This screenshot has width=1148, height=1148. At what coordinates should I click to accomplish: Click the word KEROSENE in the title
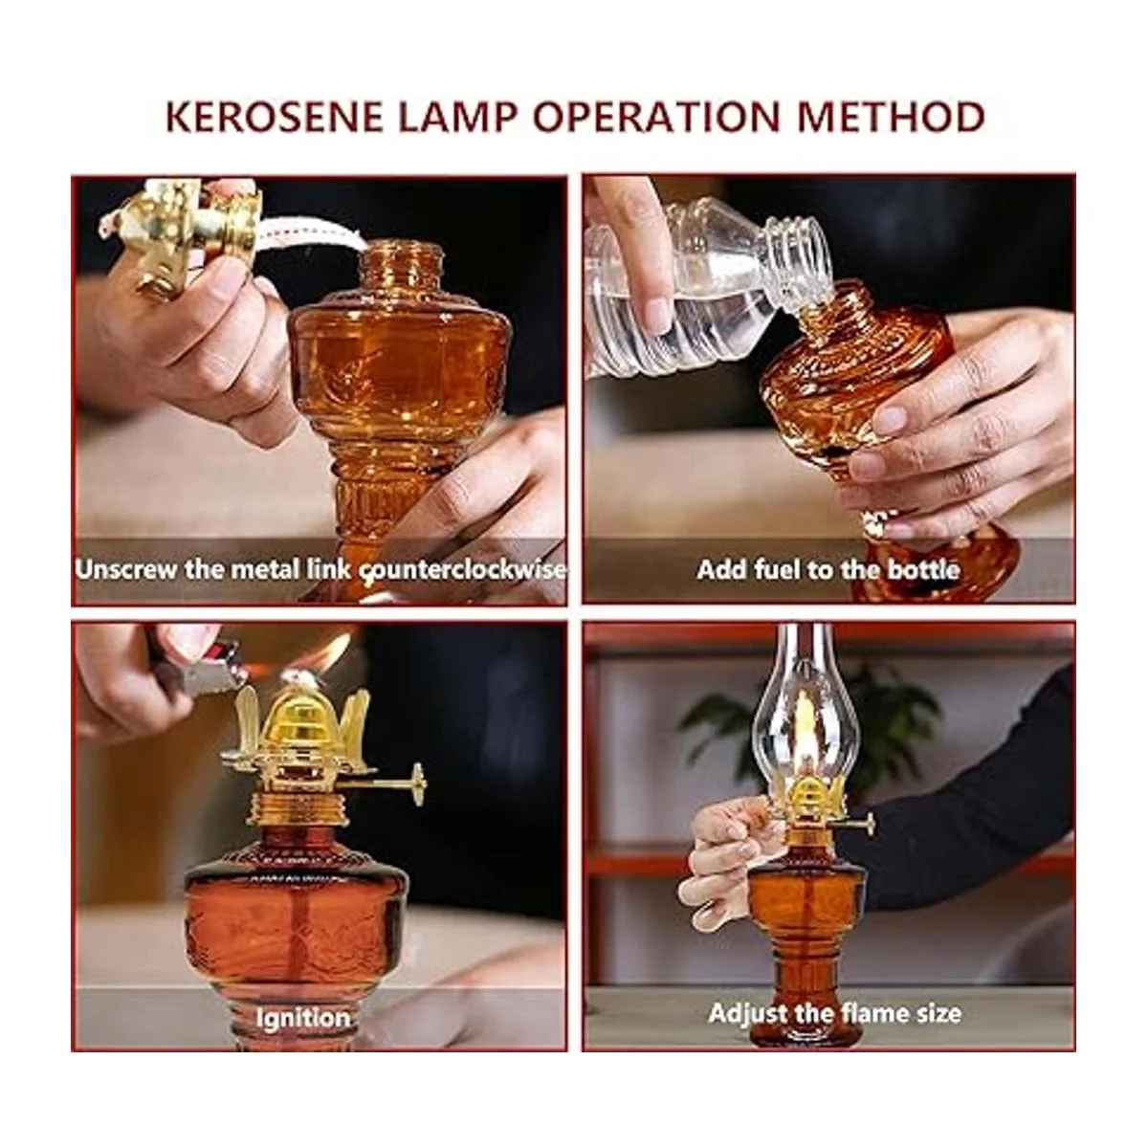coord(274,117)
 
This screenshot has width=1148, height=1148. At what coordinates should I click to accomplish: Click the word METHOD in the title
coord(890,117)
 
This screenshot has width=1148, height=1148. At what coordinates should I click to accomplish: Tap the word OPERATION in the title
coord(656,117)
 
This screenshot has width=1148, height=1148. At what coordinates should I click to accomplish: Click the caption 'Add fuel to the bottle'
coord(828,569)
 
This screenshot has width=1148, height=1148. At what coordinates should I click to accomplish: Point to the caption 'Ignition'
coord(302,1017)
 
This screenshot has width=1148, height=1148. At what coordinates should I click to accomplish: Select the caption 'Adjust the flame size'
coord(834,1013)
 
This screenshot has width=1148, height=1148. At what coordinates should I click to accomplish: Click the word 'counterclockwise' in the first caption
coord(463,570)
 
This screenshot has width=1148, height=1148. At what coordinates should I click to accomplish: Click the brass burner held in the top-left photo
coord(182,232)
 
